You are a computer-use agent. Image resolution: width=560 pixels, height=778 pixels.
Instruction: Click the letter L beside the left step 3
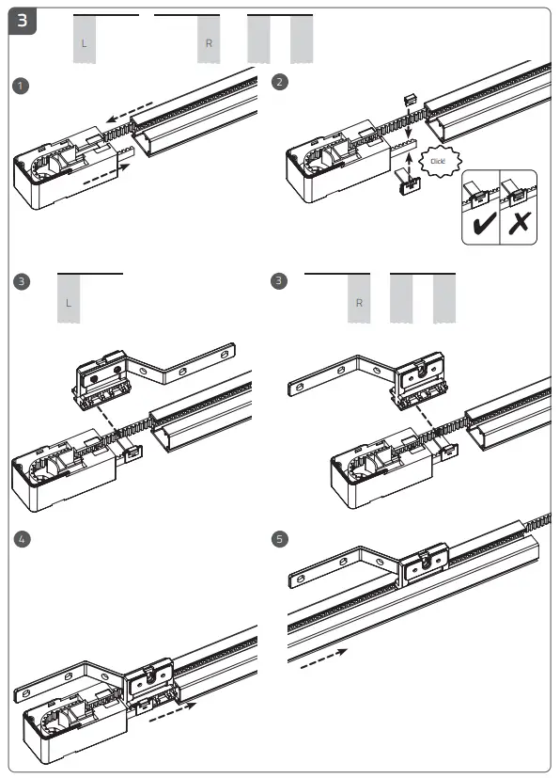[68, 303]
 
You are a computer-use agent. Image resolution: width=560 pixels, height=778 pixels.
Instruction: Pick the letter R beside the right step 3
[359, 303]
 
